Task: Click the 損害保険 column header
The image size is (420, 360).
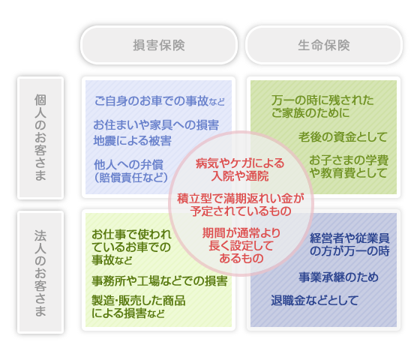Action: pos(159,45)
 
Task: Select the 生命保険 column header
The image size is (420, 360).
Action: pos(324,45)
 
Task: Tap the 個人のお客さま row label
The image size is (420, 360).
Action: pos(40,138)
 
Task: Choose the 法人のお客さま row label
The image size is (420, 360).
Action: pos(40,272)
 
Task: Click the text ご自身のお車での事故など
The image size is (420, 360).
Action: pos(160,101)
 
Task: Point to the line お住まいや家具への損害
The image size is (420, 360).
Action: pos(156,125)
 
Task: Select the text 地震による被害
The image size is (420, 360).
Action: pos(132,141)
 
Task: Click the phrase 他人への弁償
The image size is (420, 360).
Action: pos(128,165)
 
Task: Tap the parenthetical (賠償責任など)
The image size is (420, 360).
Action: pos(131,177)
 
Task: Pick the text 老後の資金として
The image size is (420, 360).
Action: pos(343,136)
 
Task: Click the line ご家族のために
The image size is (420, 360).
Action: pos(310,112)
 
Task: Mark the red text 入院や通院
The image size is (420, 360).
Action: pos(240,176)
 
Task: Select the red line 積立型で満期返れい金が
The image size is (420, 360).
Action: pos(241,199)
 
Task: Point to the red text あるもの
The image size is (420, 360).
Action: pos(241,258)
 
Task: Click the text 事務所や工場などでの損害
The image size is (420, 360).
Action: pos(160,281)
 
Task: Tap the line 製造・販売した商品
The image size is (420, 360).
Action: pos(139,301)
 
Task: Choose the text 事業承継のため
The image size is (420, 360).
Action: pos(338,277)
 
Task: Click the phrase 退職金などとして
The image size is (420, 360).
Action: pos(315,300)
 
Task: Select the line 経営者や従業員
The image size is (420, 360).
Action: pos(349,238)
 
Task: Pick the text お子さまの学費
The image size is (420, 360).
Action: pos(349,160)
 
